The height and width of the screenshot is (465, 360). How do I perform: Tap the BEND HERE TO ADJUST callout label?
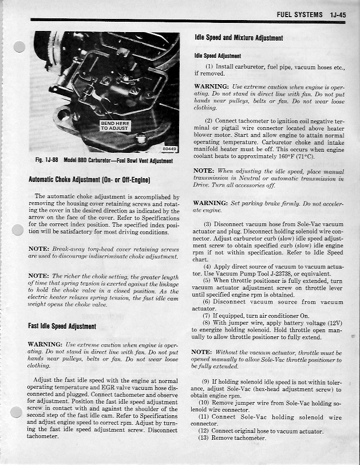pyautogui.click(x=115, y=125)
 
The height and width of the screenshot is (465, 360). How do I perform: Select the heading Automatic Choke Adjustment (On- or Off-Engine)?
pyautogui.click(x=89, y=180)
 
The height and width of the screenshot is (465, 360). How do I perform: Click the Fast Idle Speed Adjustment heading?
pyautogui.click(x=62, y=326)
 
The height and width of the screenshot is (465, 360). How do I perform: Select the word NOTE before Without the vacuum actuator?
pyautogui.click(x=202, y=352)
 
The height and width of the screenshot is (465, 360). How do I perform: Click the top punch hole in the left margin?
pyautogui.click(x=19, y=47)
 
